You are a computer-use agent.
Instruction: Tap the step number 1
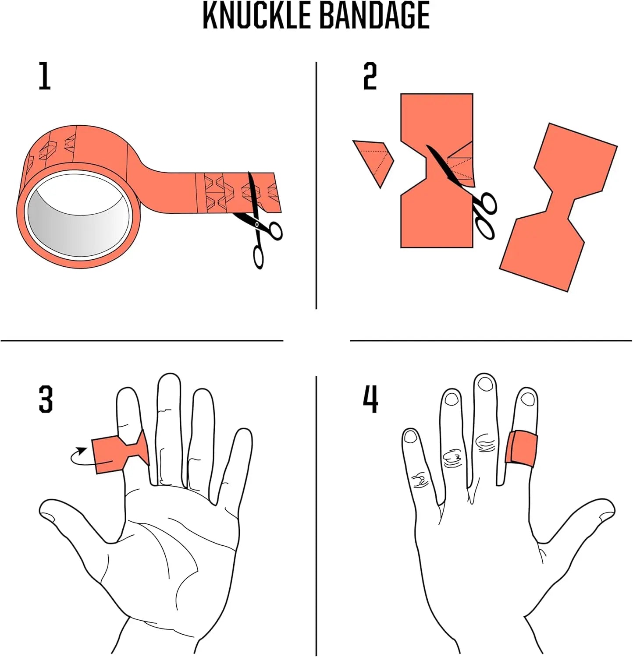pos(44,76)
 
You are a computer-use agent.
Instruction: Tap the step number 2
pos(370,76)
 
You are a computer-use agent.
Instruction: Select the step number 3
pos(46,399)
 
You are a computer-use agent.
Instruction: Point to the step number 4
pos(370,399)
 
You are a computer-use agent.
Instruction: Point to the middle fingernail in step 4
pos(485,384)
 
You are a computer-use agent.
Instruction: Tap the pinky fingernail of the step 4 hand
pos(411,436)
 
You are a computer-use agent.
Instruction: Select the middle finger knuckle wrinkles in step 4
pos(484,442)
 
